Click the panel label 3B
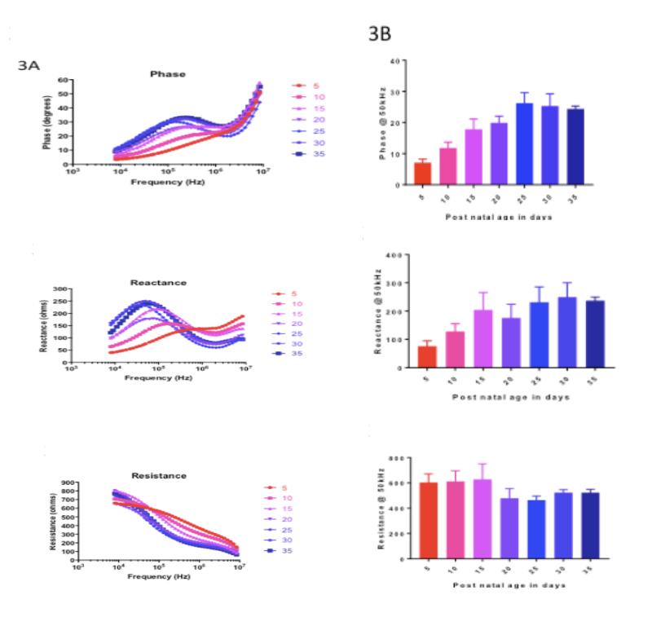[x=381, y=34]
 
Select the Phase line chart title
[x=167, y=74]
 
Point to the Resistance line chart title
[x=159, y=475]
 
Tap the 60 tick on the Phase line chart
[x=63, y=81]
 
